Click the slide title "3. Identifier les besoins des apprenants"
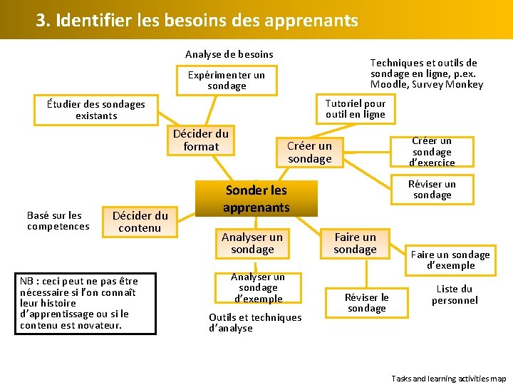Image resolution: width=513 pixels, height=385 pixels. coord(197,21)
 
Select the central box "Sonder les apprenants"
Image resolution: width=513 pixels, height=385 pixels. coord(256,198)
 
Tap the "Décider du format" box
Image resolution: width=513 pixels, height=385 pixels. coord(201,140)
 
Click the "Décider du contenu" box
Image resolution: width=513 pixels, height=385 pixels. coord(140,221)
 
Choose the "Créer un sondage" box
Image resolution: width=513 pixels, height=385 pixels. coord(309,153)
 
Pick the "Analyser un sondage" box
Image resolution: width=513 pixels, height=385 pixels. coord(252,243)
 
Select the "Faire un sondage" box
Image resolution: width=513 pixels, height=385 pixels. coord(355,243)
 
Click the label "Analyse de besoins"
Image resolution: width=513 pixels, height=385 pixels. coord(229,54)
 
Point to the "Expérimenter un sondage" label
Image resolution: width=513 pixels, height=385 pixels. coord(226,80)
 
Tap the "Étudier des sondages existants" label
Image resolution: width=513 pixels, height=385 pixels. coord(96,110)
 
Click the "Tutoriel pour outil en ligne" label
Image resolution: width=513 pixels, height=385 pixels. coord(355,108)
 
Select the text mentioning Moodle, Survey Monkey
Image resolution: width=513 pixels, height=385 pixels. coord(426,74)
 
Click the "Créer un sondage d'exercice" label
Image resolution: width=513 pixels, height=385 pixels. coord(432,152)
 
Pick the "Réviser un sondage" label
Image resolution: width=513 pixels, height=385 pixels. coord(432,190)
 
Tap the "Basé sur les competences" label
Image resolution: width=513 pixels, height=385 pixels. coord(58,221)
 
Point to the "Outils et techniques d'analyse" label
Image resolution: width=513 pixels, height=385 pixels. coord(255,322)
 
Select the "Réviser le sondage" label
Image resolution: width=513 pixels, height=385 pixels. coord(366,303)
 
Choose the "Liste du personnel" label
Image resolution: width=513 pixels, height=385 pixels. coord(455,294)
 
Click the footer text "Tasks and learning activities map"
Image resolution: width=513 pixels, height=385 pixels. coord(449,379)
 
